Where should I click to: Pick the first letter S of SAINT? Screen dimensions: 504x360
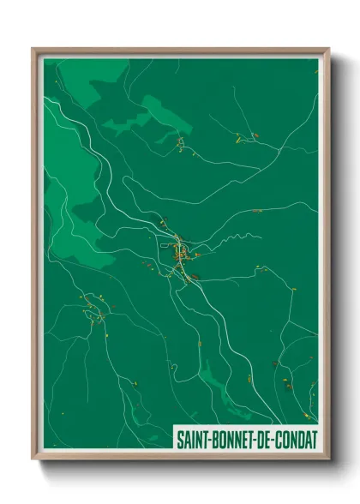click(x=179, y=438)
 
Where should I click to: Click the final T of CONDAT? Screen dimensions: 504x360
click(x=314, y=438)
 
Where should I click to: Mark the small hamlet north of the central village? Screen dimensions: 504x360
click(x=182, y=143)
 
